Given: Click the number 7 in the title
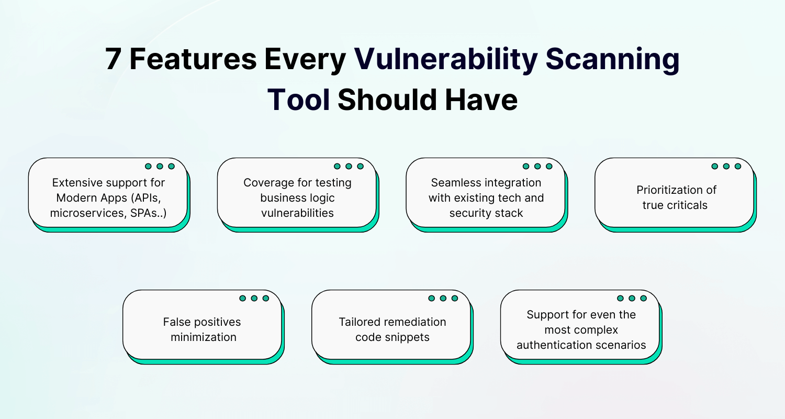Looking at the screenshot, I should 114,59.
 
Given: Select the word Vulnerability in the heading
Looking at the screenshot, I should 446,59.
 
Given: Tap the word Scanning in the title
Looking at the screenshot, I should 612,59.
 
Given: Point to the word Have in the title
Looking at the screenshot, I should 480,100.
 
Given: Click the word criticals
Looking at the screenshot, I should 688,205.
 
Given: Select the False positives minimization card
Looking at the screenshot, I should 202,324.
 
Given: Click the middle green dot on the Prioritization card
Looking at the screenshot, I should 726,166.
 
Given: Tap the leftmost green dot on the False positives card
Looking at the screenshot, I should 243,298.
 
